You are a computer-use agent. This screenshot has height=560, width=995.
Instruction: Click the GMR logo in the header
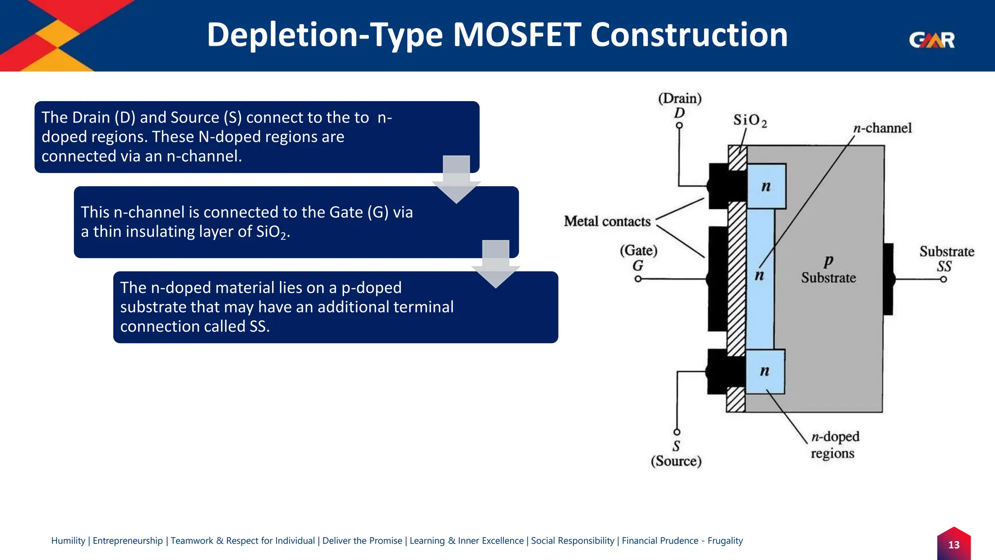pyautogui.click(x=931, y=40)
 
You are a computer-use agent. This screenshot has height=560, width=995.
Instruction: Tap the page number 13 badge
pyautogui.click(x=954, y=544)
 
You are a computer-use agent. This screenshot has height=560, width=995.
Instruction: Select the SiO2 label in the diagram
pyautogui.click(x=750, y=121)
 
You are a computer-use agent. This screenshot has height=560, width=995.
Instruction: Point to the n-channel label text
pyautogui.click(x=882, y=128)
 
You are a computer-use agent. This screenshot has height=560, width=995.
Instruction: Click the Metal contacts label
pyautogui.click(x=607, y=222)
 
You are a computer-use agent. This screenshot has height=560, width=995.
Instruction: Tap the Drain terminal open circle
pyautogui.click(x=679, y=125)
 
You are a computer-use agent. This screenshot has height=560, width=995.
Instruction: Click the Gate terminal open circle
pyautogui.click(x=638, y=279)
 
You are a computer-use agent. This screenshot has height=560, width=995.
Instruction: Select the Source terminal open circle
pyautogui.click(x=677, y=432)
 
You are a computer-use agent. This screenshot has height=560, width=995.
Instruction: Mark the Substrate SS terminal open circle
pyautogui.click(x=943, y=280)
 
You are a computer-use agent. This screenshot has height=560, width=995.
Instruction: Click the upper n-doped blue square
pyautogui.click(x=766, y=187)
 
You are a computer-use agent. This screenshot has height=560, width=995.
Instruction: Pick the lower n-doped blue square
pyautogui.click(x=765, y=372)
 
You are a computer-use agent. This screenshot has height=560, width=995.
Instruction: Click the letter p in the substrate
pyautogui.click(x=828, y=262)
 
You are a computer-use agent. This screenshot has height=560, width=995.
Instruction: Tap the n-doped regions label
pyautogui.click(x=835, y=444)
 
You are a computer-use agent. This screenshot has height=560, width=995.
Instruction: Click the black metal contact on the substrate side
pyautogui.click(x=888, y=279)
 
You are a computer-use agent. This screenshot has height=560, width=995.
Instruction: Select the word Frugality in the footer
pyautogui.click(x=725, y=541)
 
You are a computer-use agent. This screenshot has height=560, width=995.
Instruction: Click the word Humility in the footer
pyautogui.click(x=68, y=541)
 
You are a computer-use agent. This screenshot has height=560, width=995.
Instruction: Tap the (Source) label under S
pyautogui.click(x=676, y=461)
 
